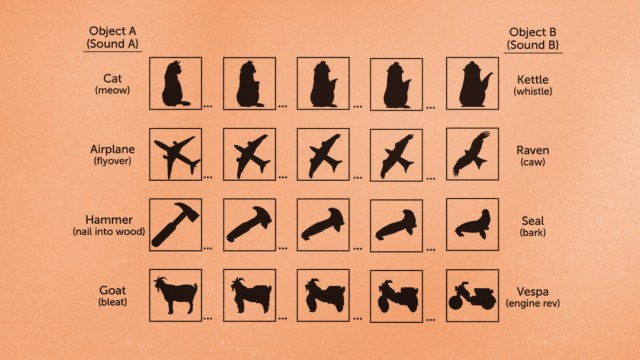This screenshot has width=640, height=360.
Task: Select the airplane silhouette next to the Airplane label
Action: pos(176,156)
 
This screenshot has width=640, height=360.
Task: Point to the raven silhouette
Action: pos(472,154)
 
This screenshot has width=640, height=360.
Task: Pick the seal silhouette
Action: pos(473,224)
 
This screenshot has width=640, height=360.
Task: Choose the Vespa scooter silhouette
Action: pos(472,296)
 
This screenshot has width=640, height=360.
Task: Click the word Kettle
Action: pos(533,80)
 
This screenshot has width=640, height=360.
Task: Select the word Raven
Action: pos(533,150)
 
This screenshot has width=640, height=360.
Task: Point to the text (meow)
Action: pos(112,90)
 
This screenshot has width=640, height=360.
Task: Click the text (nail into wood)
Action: pos(109,231)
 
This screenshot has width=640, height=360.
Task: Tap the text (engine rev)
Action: pos(533,303)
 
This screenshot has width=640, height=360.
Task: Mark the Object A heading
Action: pos(112,37)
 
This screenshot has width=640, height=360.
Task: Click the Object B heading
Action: pos(533,38)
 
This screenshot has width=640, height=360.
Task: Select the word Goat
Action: pos(112,291)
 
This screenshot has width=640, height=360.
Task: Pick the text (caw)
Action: pos(533,162)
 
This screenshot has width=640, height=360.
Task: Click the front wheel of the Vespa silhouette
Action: pos(455,302)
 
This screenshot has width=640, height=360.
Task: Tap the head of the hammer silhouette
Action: pos(187,210)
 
